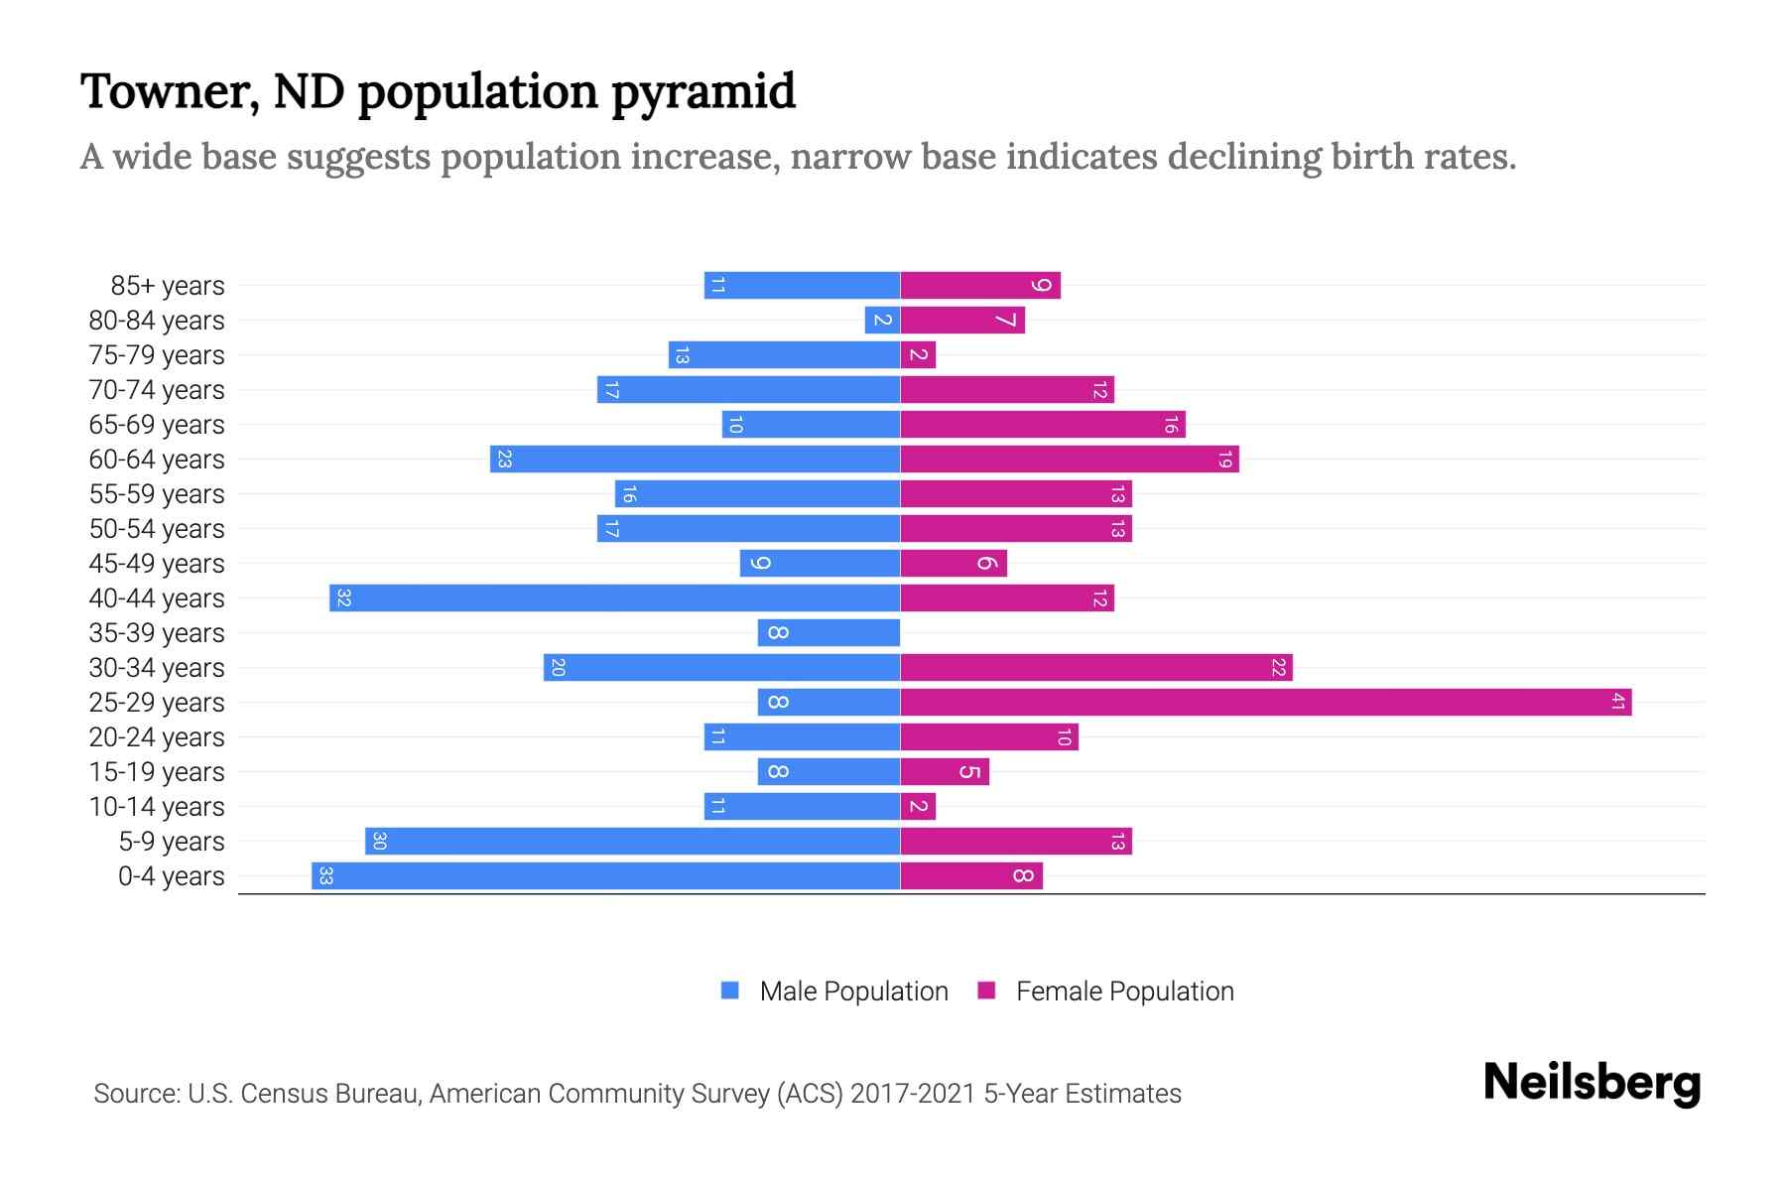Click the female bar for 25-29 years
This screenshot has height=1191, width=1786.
1265,703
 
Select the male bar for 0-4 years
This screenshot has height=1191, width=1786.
605,876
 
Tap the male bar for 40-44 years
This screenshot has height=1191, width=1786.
615,598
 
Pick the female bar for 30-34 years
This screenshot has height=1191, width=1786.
1096,668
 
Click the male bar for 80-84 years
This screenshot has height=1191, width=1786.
882,321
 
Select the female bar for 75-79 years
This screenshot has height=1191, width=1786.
918,355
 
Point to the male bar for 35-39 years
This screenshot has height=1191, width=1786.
829,633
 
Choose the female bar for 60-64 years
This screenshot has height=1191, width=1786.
1070,460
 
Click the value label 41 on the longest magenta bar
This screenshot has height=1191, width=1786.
1617,703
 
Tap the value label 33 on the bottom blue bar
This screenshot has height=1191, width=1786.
325,876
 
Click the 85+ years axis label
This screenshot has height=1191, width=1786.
168,286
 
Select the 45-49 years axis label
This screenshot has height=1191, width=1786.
157,564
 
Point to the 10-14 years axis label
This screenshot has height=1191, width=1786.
157,807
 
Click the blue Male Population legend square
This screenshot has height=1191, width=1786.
730,991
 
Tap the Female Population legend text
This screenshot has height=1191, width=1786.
1124,992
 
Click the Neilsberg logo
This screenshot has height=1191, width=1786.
1592,1083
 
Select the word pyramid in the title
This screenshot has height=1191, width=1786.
702,91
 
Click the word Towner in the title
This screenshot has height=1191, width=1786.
170,91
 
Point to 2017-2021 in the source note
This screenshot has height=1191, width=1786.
913,1094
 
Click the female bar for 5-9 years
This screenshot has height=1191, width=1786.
1016,842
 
